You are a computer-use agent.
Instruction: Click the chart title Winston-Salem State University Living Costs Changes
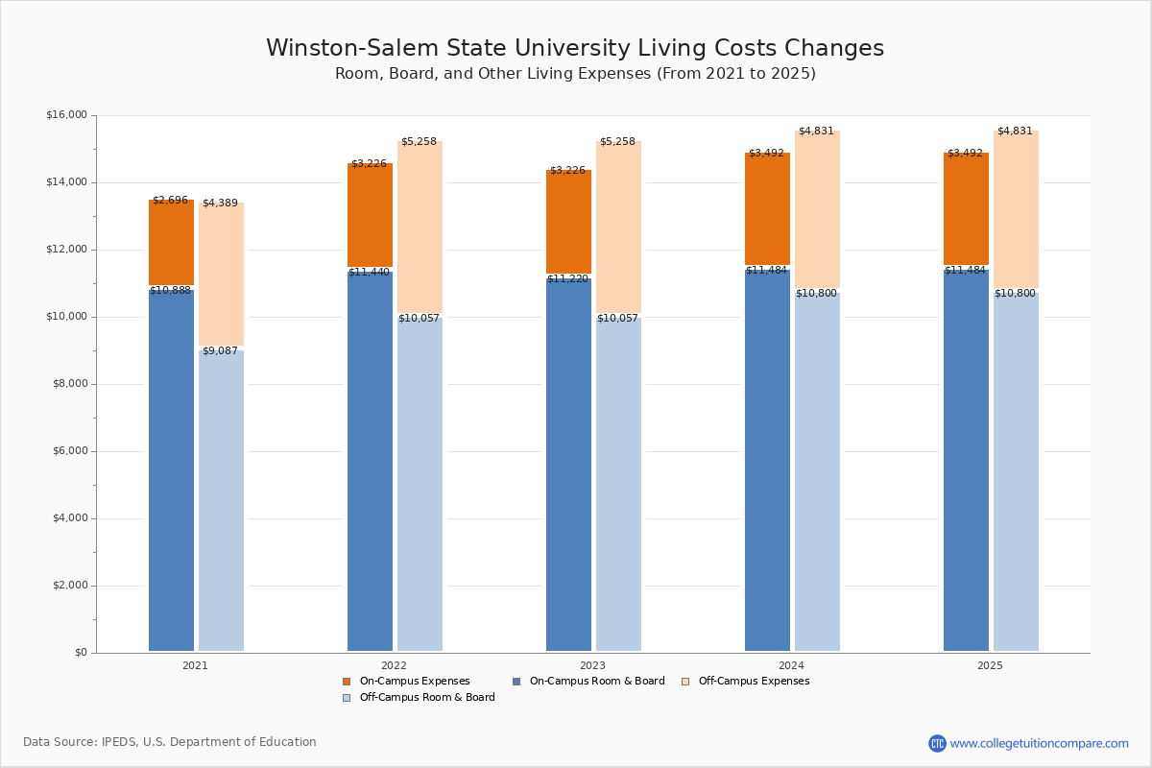point(574,49)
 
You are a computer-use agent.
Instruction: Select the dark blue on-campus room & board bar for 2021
point(171,470)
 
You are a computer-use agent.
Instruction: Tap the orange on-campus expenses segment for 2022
point(370,215)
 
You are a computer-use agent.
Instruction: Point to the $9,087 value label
point(220,351)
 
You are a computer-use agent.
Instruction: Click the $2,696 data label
point(170,201)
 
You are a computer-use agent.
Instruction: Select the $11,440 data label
point(369,273)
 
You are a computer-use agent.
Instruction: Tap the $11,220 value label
point(567,279)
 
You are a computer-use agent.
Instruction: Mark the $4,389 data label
point(220,204)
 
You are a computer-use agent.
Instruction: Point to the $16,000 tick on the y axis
point(66,115)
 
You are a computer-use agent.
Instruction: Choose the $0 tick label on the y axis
point(80,653)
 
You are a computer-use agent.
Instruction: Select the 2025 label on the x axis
point(990,665)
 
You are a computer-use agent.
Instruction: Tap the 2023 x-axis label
point(592,665)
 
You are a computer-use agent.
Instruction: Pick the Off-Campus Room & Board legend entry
point(426,698)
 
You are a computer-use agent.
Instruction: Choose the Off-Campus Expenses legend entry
point(753,682)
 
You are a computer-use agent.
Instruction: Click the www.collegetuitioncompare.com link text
point(1039,743)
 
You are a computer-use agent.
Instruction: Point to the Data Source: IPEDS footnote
point(170,742)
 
